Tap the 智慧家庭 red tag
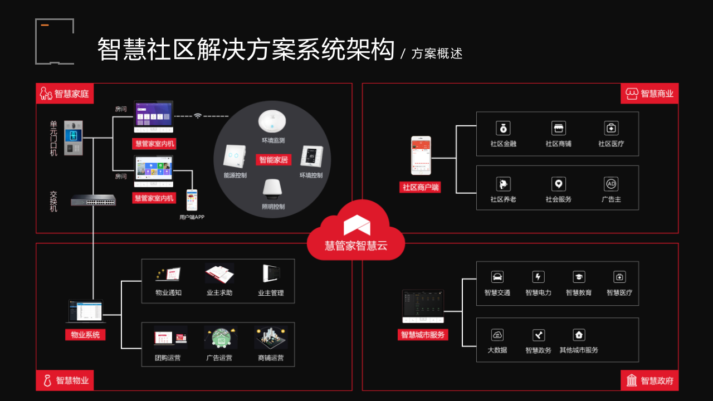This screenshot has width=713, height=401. tap(65, 94)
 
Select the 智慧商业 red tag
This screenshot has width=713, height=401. tap(649, 94)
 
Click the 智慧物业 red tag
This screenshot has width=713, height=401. tap(65, 380)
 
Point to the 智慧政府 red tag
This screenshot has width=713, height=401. tap(649, 380)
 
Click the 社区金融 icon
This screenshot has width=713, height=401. tap(503, 128)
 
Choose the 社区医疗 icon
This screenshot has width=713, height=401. tap(611, 128)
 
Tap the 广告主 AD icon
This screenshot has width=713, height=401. tap(611, 184)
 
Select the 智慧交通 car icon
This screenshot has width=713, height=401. tap(497, 277)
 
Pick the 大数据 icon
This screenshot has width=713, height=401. tap(497, 335)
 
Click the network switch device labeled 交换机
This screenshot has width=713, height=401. tap(93, 200)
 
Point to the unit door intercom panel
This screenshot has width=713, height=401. tap(74, 138)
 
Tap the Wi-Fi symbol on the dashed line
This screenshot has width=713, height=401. tap(198, 116)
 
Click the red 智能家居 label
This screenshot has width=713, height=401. tap(274, 160)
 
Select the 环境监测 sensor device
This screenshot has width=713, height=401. tap(272, 121)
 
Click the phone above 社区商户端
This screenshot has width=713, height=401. tap(421, 156)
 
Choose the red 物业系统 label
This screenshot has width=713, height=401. tap(85, 335)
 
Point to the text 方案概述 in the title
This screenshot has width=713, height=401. tap(437, 53)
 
